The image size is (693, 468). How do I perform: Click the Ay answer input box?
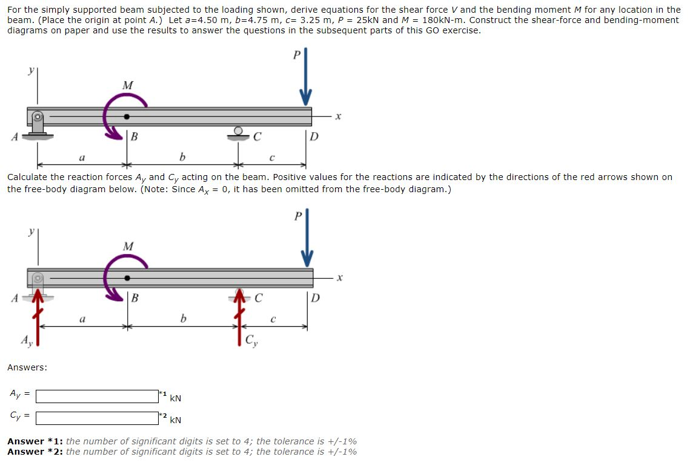98,396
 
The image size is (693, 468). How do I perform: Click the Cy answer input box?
98,418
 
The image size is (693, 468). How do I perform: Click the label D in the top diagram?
314,135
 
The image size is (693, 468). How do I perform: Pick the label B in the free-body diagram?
135,298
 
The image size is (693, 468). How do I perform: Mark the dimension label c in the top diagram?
273,158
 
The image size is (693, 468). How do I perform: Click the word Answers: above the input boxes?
27,367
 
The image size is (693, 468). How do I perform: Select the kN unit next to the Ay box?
175,398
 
